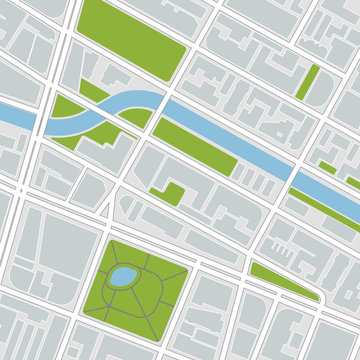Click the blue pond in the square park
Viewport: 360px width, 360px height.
point(123,275)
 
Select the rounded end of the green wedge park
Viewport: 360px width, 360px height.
point(319,296)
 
